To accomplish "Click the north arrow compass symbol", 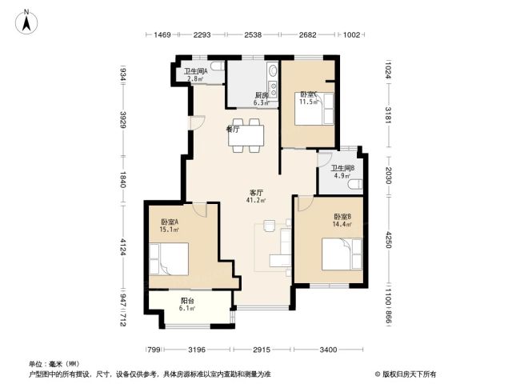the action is pos(26,22).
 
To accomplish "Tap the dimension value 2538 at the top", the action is pos(253,34).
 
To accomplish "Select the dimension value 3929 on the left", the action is pos(123,120).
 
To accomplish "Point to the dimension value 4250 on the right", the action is pos(388,240).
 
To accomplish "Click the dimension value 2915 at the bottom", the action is pos(262,350).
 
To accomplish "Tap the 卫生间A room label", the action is pos(195,71).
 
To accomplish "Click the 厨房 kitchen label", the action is pos(262,95).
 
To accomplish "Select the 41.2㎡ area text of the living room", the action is pos(256,200).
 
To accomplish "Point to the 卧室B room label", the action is pos(342,217).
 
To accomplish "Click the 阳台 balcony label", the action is pos(187,301).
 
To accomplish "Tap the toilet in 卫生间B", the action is pos(355,185).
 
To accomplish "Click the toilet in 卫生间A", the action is pos(217,66).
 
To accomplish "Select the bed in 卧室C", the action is pos(314,109).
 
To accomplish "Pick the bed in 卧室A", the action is pos(169,259).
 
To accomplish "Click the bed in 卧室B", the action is pos(342,254).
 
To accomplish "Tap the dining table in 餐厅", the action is pos(246,135).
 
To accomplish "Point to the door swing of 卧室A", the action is pos(199,210).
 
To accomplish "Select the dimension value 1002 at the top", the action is pos(351,34).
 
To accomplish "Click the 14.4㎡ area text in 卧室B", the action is pos(342,224).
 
